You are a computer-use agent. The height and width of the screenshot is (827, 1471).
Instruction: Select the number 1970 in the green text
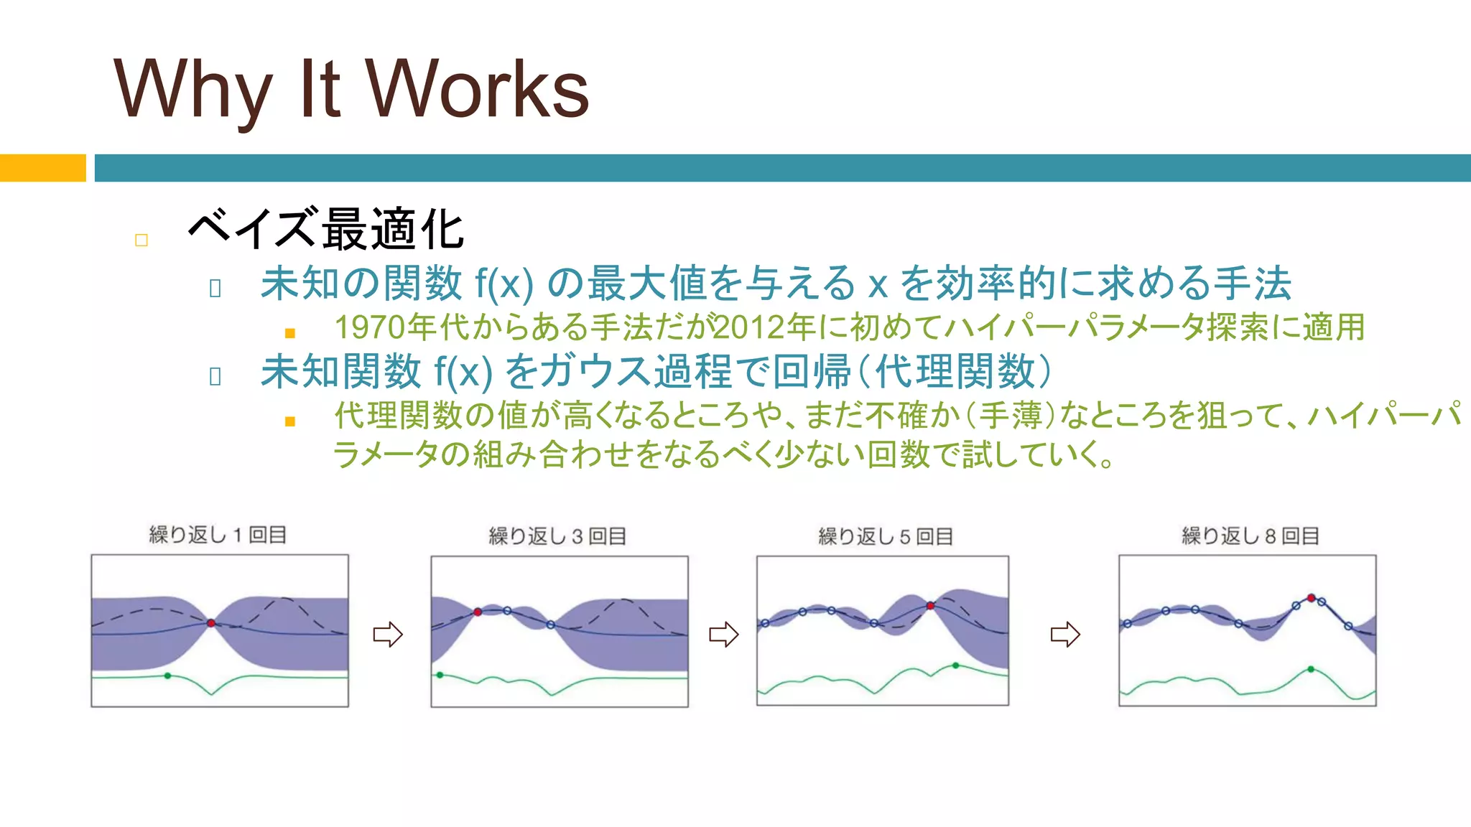coord(371,327)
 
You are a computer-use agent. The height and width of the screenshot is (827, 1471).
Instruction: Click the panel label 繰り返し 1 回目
coord(218,535)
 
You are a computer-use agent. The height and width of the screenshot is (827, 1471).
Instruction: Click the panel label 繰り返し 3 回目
coord(557,536)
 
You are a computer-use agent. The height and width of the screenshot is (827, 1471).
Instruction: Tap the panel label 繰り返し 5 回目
coord(886,536)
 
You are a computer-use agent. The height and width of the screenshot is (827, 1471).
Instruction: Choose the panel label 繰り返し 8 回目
coord(1250,536)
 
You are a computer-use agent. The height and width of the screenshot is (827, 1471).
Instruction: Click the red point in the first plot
coord(211,623)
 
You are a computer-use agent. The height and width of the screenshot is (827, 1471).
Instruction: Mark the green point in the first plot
coord(167,676)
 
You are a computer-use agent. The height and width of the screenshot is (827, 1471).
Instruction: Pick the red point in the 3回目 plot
coord(478,612)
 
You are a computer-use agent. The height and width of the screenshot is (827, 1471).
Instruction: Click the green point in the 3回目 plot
coord(440,675)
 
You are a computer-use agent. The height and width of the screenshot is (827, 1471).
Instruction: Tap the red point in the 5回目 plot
coord(930,606)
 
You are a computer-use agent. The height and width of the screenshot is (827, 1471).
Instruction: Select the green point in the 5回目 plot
coord(955,665)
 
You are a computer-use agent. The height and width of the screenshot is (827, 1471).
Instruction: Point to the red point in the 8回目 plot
coord(1311,598)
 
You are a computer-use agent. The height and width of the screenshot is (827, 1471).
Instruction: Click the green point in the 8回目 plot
coord(1311,669)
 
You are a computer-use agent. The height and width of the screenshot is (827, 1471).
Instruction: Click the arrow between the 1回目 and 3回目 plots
coord(388,634)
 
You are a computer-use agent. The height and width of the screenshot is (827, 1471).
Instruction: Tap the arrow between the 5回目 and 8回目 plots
coord(1065,634)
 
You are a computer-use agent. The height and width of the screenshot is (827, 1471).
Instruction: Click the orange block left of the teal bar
coord(42,168)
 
